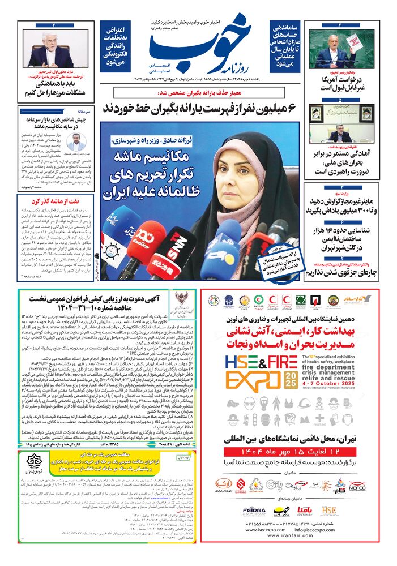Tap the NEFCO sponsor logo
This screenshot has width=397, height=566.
(357, 485)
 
